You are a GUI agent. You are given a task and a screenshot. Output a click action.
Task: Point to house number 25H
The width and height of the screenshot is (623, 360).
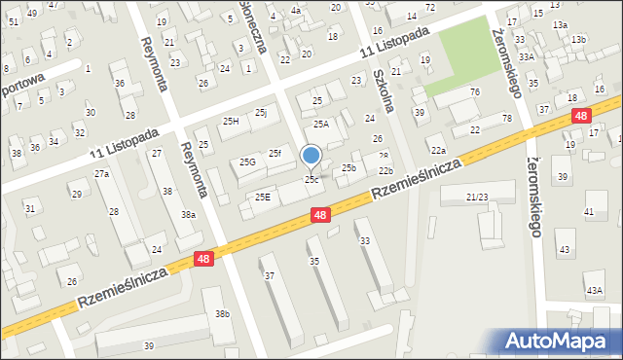coord(231,121)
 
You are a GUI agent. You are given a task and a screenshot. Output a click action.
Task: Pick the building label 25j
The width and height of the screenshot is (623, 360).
coord(261,113)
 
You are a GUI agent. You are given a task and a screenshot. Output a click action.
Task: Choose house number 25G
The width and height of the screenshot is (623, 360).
coord(247,162)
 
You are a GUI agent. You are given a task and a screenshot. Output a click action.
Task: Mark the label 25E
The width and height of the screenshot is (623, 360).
coord(262,197)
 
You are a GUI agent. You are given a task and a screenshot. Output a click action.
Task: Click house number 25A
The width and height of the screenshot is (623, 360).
coord(321,124)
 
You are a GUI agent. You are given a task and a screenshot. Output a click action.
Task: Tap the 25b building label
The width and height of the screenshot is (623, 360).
coord(348,168)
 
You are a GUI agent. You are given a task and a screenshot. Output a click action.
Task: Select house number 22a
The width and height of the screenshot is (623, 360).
coord(439,150)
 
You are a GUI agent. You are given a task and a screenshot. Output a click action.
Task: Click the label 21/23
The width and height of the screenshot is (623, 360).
coord(476,197)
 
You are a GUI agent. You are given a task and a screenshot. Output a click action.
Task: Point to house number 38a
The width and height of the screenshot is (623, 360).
coord(187,214)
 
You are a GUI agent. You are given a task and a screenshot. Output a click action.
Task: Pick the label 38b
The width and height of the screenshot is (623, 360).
coord(223,313)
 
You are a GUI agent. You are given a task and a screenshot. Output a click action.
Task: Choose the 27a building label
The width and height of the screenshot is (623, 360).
coord(101,173)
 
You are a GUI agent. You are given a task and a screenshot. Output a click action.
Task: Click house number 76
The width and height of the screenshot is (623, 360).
coord(474,91)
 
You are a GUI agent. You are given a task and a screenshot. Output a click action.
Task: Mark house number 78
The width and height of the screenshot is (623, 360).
coord(506,118)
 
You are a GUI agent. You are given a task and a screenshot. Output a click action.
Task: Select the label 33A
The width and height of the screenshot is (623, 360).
coord(527,57)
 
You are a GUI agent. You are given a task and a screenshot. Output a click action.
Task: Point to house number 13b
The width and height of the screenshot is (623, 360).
coord(579,39)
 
